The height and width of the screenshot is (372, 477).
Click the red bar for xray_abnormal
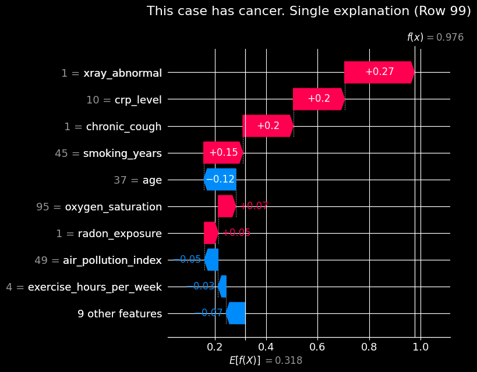379,73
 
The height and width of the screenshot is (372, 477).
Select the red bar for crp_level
319,99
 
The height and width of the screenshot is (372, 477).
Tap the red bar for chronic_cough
268,126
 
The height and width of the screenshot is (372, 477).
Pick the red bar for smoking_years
223,153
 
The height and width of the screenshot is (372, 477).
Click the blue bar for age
220,180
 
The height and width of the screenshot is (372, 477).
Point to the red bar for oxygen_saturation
227,206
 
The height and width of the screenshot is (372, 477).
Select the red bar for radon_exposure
211,233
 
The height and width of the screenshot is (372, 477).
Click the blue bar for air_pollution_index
211,260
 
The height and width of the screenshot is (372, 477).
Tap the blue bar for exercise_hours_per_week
222,287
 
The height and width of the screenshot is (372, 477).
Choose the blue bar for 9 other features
236,313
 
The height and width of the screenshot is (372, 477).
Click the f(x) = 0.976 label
435,37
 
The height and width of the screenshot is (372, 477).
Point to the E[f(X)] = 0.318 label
266,360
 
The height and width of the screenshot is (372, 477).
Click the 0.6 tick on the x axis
317,347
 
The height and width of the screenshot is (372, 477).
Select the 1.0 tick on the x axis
421,347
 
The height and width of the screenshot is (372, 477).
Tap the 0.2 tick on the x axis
215,347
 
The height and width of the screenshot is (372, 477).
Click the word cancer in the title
228,11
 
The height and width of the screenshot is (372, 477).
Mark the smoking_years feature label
122,153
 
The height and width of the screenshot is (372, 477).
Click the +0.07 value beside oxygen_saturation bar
254,206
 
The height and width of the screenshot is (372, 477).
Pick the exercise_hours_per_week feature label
95,287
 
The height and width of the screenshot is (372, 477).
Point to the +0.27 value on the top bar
379,72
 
